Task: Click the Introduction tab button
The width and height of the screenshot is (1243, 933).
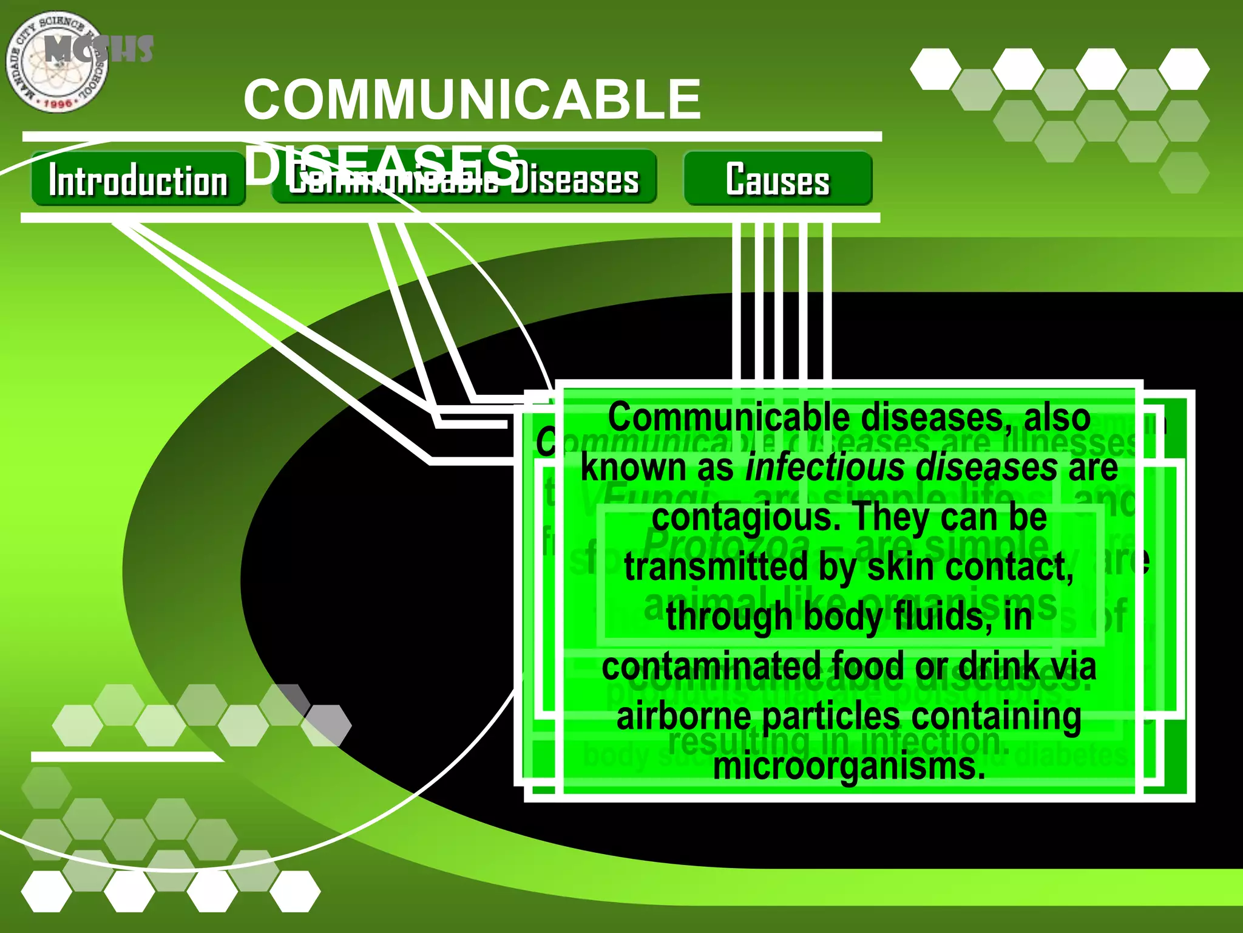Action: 138,180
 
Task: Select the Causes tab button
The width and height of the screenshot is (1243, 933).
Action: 777,179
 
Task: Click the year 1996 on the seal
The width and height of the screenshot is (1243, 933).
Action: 58,104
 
